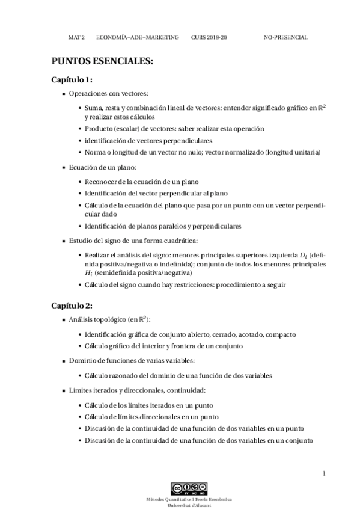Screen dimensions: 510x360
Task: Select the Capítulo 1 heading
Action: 72,80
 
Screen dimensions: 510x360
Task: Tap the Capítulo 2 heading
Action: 72,305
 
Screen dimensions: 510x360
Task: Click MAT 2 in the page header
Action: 76,37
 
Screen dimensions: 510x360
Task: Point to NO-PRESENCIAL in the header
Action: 285,37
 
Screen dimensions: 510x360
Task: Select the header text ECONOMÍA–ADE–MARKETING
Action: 138,37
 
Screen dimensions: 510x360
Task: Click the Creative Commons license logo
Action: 189,487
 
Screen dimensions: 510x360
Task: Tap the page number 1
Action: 324,473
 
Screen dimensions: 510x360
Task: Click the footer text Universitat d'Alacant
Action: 189,505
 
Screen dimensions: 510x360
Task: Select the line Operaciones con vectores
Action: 108,94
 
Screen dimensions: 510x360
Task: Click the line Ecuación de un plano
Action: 103,167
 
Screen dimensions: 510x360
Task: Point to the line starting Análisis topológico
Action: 110,319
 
